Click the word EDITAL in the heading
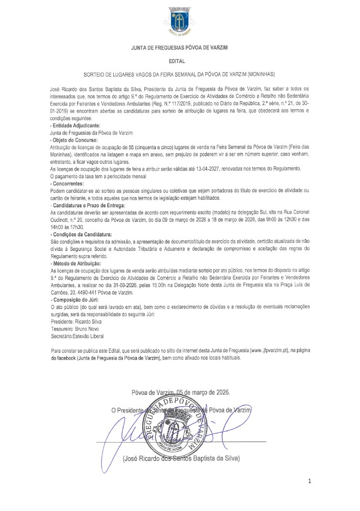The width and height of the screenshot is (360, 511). point(179,62)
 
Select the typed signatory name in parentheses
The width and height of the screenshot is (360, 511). point(181,459)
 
